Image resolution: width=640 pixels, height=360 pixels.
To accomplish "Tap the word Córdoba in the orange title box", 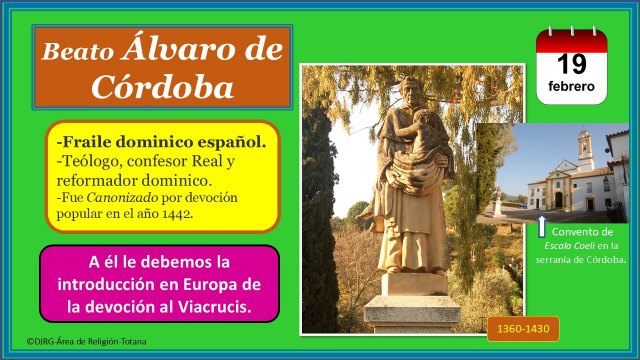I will pyautogui.click(x=163, y=87).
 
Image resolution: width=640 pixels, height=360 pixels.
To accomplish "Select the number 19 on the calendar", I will pyautogui.click(x=571, y=64).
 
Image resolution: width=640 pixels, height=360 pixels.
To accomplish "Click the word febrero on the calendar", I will pyautogui.click(x=571, y=87).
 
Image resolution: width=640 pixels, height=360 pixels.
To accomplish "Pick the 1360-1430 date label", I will pyautogui.click(x=523, y=330).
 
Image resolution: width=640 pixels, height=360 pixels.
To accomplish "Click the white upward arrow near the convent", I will pyautogui.click(x=543, y=226).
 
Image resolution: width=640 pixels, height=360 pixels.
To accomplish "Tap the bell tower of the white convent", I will pyautogui.click(x=585, y=150).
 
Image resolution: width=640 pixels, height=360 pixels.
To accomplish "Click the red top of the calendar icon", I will pyautogui.click(x=571, y=39).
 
